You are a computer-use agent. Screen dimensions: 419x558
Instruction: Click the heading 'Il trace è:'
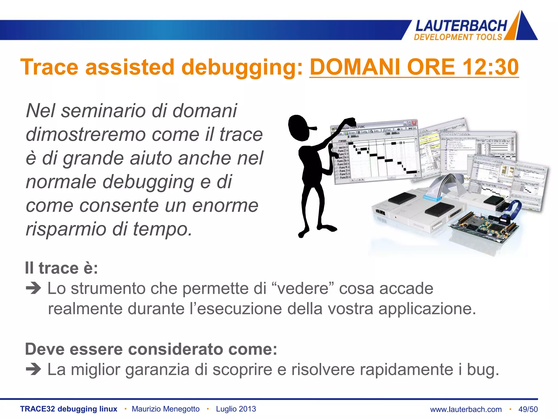61,268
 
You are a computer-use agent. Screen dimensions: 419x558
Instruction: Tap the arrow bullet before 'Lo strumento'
33,288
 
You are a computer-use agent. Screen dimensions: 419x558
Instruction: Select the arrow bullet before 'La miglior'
33,370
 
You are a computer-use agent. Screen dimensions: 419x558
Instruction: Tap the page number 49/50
528,409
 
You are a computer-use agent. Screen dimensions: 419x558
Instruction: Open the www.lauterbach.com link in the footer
466,409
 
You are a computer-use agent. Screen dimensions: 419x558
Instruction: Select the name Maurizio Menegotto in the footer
166,409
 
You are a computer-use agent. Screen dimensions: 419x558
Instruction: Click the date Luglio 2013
236,409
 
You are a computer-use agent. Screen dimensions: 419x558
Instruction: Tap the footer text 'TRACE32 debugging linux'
69,409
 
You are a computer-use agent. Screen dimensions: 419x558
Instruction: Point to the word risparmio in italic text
66,229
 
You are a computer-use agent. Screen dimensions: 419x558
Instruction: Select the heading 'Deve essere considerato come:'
151,349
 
